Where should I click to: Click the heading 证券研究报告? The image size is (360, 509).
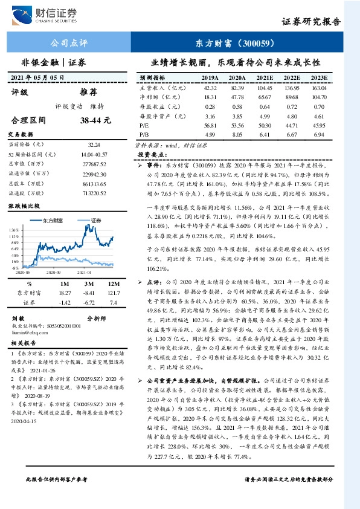click(x=311, y=21)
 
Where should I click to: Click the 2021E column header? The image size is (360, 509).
click(x=265, y=78)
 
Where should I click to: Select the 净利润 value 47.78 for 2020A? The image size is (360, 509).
click(x=237, y=97)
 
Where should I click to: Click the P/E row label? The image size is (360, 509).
click(x=145, y=125)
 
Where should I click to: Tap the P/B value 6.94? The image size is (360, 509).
click(x=320, y=134)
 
